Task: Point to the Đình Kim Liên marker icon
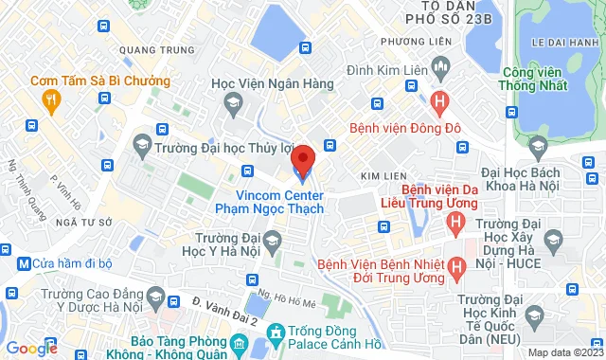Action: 438,66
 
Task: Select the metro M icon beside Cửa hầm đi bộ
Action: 23,262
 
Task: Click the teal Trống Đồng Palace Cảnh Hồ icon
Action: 276,333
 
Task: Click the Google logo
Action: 31,349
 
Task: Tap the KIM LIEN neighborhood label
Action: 383,176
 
